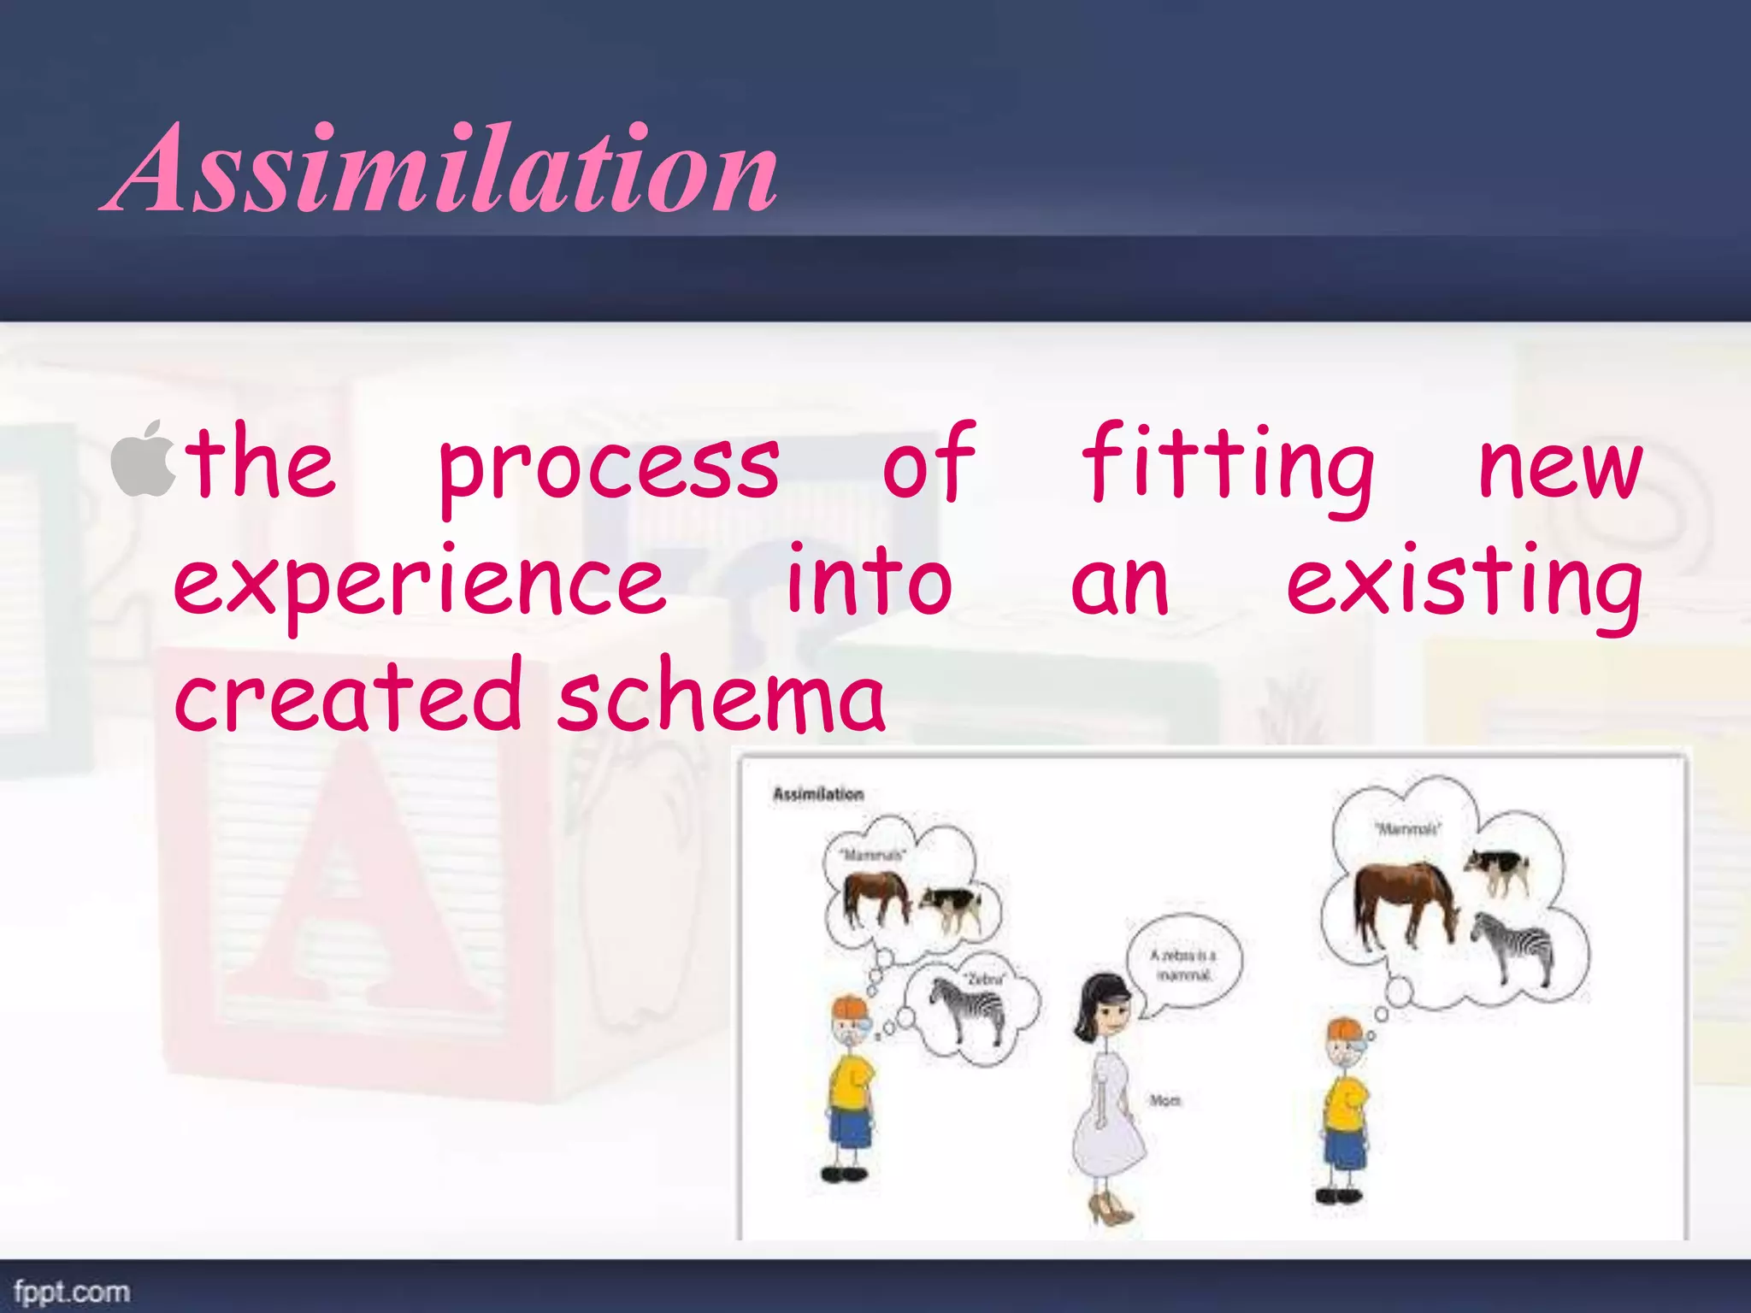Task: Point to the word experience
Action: pos(419,584)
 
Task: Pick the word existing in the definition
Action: pos(1463,584)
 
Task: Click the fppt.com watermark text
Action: pos(72,1291)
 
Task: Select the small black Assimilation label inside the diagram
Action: pos(818,794)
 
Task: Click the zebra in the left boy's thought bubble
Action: pos(966,1009)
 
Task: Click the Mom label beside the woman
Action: pos(1164,1100)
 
